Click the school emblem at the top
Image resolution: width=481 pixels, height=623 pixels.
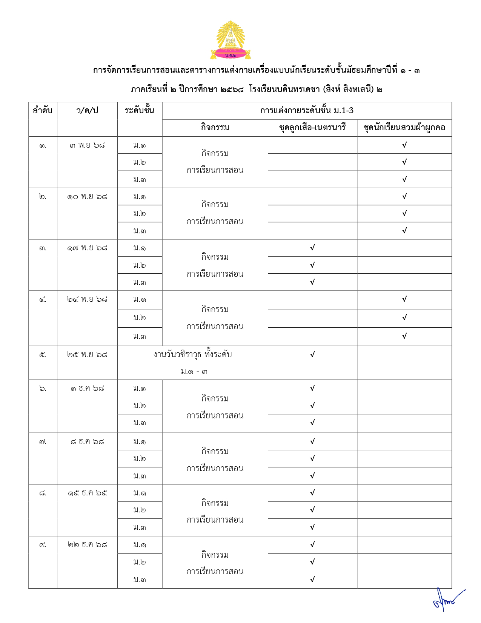point(231,40)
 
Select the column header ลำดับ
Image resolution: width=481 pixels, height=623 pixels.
point(43,111)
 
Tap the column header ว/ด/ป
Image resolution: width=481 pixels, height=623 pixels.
point(87,111)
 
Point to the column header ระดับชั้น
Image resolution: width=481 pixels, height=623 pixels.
point(140,111)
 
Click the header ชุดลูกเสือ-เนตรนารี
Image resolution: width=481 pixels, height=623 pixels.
point(312,128)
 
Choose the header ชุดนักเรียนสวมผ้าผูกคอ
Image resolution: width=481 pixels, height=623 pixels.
point(404,128)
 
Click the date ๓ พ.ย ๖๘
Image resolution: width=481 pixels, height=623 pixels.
point(87,145)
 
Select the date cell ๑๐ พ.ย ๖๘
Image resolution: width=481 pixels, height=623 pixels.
point(87,197)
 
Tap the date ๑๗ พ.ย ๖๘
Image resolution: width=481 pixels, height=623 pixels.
point(87,248)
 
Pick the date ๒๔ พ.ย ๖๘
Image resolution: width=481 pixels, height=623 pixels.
point(87,299)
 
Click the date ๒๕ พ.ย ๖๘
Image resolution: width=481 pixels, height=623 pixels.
point(87,355)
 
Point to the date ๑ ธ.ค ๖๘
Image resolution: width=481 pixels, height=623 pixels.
point(87,389)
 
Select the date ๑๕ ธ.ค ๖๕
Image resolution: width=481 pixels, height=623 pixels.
point(87,493)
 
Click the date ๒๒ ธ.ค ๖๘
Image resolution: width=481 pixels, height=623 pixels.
point(87,545)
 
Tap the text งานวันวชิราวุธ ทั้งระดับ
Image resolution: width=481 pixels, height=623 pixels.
point(192,355)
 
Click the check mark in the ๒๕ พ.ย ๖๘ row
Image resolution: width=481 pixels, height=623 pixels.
point(312,355)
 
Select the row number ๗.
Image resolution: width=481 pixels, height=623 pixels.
point(43,442)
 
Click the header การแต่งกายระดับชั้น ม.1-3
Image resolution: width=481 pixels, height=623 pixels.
point(307,111)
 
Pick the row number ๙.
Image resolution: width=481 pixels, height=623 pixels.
point(43,545)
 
